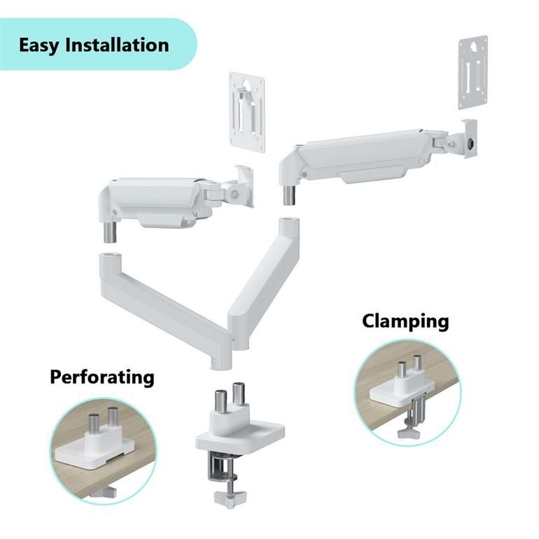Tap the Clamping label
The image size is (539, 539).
point(405,321)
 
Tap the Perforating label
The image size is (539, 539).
point(101,377)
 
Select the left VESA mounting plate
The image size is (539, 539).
point(247,112)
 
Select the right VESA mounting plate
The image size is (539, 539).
point(473,72)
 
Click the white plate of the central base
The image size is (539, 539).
point(241,436)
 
